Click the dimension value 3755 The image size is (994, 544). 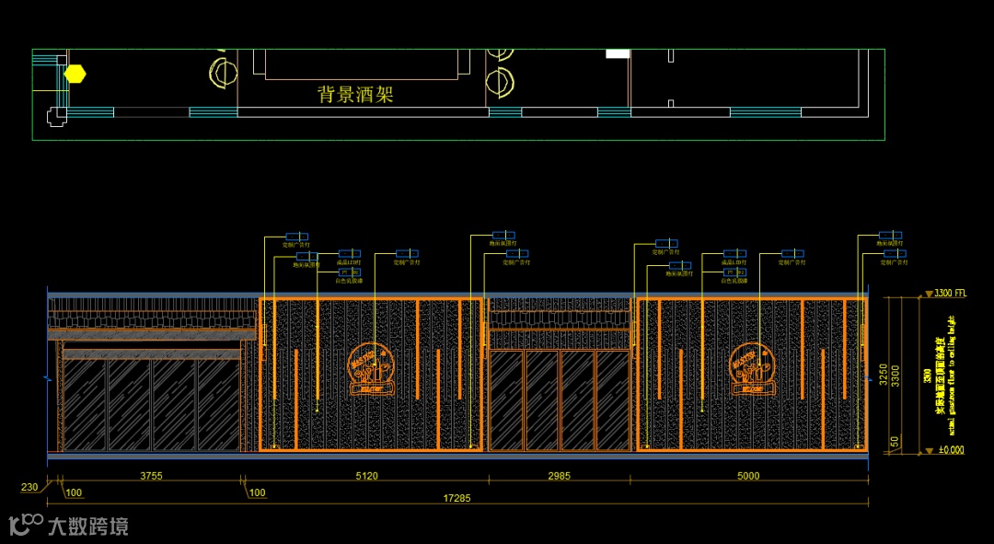click(153, 476)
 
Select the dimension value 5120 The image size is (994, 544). click(366, 476)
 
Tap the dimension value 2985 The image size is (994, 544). click(560, 476)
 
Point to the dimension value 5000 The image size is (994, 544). click(749, 476)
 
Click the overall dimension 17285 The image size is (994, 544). click(457, 498)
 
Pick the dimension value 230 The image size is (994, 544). click(29, 488)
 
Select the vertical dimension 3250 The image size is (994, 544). click(883, 375)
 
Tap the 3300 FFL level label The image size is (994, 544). click(950, 294)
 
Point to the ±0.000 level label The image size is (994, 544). click(950, 450)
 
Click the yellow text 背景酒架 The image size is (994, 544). click(355, 94)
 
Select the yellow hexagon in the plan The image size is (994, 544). click(75, 74)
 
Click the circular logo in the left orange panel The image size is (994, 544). click(373, 370)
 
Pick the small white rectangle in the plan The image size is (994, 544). click(617, 53)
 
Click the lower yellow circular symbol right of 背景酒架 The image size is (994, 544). click(500, 83)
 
